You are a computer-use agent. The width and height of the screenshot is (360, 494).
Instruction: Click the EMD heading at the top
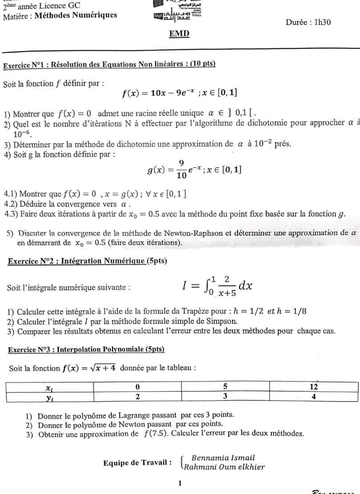(180, 34)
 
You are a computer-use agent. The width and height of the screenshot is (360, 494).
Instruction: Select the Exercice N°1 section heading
(109, 64)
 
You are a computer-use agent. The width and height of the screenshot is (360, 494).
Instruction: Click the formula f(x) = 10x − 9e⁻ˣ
(180, 93)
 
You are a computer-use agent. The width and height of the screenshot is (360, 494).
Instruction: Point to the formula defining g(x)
(194, 170)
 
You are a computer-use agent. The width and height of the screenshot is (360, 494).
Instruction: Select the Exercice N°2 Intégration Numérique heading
(87, 261)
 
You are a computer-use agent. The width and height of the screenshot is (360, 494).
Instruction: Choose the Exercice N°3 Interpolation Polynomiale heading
(86, 350)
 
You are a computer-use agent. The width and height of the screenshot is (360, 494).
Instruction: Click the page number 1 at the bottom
(180, 483)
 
